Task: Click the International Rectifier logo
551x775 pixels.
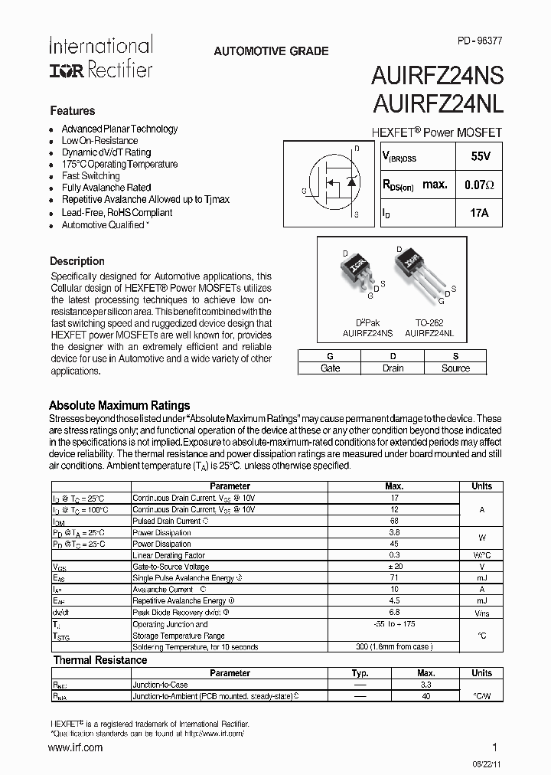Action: (100, 57)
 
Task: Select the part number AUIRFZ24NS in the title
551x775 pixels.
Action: (437, 76)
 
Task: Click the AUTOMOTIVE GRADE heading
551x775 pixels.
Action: (271, 51)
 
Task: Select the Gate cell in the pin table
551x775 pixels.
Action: (330, 368)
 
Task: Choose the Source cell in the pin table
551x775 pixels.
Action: (455, 368)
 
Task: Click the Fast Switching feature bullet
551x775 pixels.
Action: (90, 175)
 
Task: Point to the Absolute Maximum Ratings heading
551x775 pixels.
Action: (119, 406)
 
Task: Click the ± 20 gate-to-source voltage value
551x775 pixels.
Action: (394, 567)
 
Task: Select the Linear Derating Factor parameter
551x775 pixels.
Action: (168, 555)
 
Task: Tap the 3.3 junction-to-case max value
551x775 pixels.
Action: (425, 685)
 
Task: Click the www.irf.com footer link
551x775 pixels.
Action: (76, 747)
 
